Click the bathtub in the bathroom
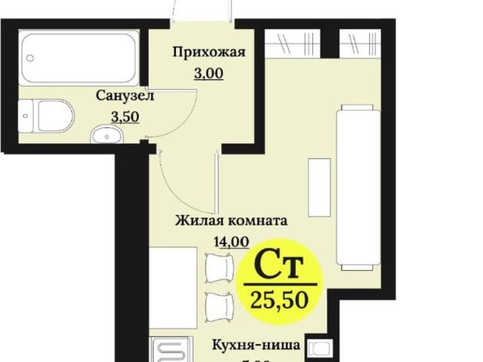click(x=78, y=58)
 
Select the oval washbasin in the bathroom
click(x=105, y=136)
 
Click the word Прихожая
click(x=198, y=52)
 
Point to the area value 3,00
click(x=198, y=74)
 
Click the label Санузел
click(x=125, y=96)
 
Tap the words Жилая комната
click(x=231, y=222)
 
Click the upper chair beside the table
click(x=219, y=265)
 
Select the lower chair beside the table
click(x=219, y=305)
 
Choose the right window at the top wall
click(x=359, y=44)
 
